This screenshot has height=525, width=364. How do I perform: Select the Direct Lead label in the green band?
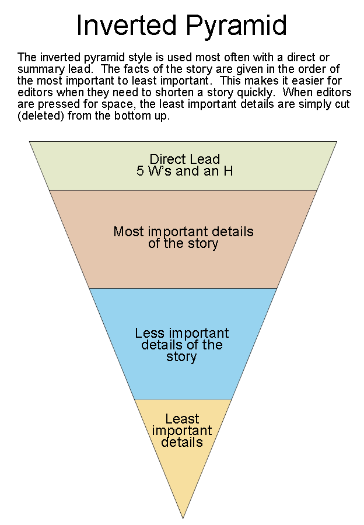[x=185, y=159]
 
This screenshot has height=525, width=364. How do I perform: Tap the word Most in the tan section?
[x=128, y=232]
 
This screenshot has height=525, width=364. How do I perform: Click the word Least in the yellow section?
[x=182, y=419]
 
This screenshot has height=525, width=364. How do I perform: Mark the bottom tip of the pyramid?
[x=183, y=517]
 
